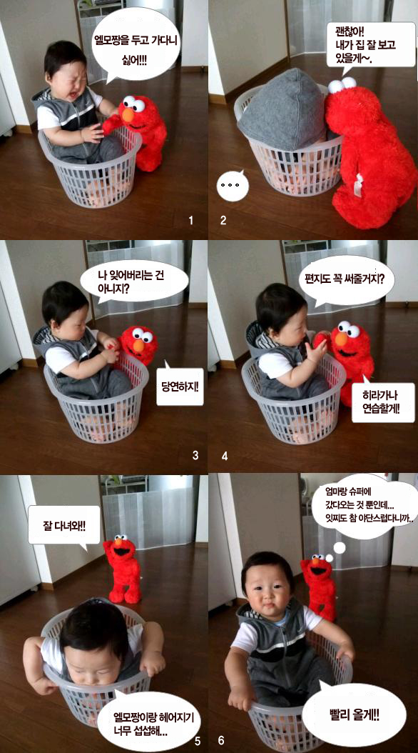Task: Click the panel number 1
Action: coord(190,221)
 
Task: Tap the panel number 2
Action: coord(223,221)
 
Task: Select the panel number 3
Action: coord(195,455)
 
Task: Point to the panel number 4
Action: coord(225,456)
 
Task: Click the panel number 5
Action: coord(198,741)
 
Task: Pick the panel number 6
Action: coord(221,741)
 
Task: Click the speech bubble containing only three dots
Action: coord(233,185)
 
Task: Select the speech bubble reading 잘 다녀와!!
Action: coord(63,526)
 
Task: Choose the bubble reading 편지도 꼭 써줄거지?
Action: coord(346,285)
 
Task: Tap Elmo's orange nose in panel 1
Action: coord(128,115)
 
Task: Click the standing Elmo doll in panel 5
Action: coord(122,569)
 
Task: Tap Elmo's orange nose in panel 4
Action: coord(341,339)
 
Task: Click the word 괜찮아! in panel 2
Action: coord(350,32)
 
